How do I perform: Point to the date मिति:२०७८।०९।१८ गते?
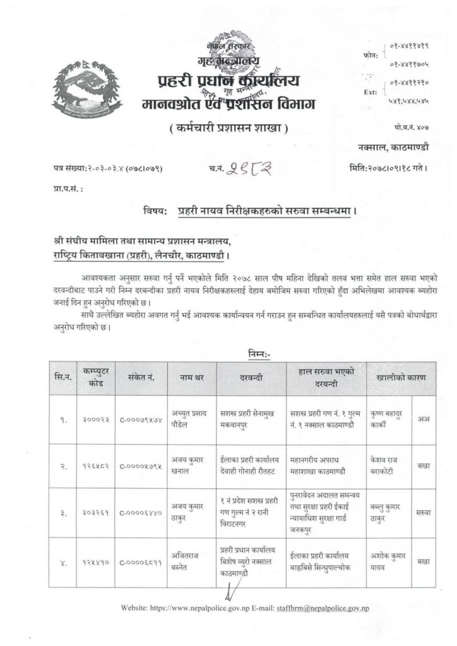(388, 169)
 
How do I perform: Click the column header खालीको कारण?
(400, 378)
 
